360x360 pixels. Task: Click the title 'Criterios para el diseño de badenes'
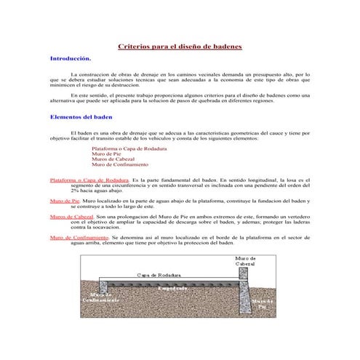(180, 47)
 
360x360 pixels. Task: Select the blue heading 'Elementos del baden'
(81, 116)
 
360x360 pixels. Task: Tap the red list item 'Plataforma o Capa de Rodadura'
(129, 148)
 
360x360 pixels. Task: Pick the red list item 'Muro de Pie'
(106, 153)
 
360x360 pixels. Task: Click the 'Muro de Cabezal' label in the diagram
(245, 260)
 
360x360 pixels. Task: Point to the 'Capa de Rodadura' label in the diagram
(159, 275)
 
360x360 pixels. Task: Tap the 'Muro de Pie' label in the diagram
(262, 304)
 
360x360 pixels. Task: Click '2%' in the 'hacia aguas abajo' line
(74, 190)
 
